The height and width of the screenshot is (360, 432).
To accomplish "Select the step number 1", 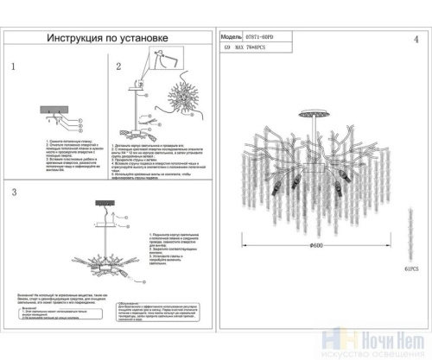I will pos(13,66).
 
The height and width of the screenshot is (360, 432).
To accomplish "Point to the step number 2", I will pos(119,66).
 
